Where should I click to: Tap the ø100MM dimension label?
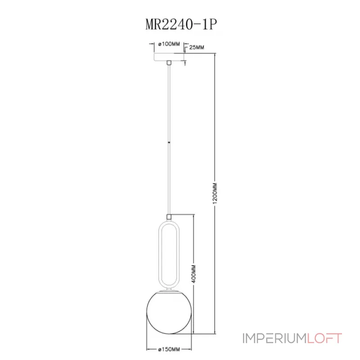(x=169, y=44)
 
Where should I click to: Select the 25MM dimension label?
(x=197, y=47)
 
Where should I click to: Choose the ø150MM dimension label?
(x=170, y=349)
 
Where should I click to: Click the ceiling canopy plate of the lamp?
(x=169, y=58)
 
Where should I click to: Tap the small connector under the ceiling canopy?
(x=169, y=64)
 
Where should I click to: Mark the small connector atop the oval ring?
(x=169, y=216)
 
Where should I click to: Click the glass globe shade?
(x=169, y=313)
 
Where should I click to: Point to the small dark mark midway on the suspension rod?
(x=169, y=143)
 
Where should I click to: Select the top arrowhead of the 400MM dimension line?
(x=193, y=216)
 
